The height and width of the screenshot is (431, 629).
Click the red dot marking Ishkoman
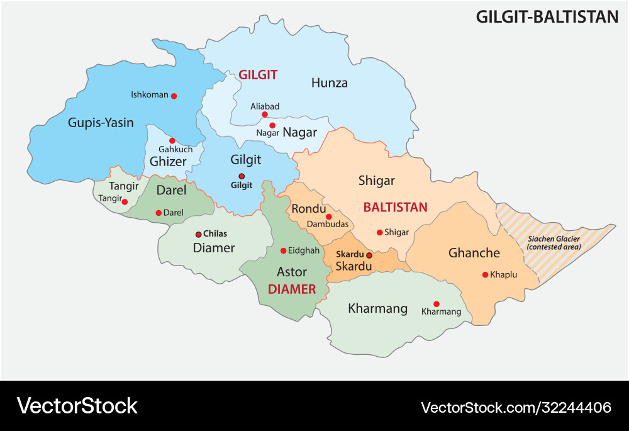pos(174,96)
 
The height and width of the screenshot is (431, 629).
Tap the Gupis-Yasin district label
pos(101,123)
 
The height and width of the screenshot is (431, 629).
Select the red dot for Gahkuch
pos(172,140)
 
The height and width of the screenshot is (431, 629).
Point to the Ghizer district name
pos(168,162)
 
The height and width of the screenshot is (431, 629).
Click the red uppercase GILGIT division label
pos(257,75)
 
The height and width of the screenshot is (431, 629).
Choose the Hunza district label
pos(330,83)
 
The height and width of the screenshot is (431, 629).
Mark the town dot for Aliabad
pos(265,115)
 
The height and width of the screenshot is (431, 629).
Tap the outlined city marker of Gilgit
pos(241,176)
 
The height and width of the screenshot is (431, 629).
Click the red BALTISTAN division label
pos(395,207)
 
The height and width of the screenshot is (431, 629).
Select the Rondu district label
pos(309,208)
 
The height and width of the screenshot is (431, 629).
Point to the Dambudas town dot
pos(328,216)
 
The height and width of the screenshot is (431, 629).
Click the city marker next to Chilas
pos(199,233)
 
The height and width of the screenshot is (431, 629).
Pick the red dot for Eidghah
pos(283,250)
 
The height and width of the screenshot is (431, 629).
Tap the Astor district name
pos(292,272)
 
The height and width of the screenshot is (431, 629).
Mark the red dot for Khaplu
pos(485,274)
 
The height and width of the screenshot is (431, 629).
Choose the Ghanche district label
pos(474,253)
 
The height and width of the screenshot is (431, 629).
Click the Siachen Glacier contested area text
pos(554,242)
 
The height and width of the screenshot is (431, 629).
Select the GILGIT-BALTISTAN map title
pos(547,17)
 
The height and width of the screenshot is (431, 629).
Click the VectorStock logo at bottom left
pos(77,406)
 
